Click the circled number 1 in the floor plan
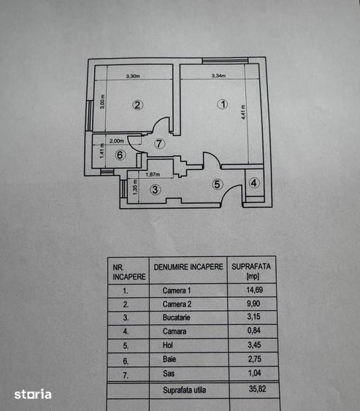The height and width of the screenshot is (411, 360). click(223, 104)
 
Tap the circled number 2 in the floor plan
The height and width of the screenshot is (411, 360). click(138, 105)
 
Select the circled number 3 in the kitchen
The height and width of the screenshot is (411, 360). click(156, 189)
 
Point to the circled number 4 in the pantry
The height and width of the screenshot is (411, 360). click(254, 183)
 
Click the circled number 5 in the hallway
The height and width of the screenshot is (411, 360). click(217, 184)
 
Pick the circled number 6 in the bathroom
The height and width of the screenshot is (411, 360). click(120, 155)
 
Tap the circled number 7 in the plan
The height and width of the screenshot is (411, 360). click(159, 144)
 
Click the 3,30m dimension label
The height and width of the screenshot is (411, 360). click(133, 76)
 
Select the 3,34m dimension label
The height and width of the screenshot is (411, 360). click(218, 76)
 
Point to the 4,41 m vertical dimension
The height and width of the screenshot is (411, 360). click(243, 112)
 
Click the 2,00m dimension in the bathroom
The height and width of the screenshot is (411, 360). click(117, 141)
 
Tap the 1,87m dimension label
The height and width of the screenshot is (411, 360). click(153, 174)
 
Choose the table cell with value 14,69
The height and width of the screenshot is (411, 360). click(255, 290)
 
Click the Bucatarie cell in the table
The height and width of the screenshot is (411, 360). click(176, 318)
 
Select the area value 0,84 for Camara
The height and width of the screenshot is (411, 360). click(254, 330)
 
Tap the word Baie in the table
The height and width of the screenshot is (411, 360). click(169, 359)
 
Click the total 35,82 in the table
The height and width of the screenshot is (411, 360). click(258, 388)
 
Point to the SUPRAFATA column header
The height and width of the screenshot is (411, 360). click(251, 266)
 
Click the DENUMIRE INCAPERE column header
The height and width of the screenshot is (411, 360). click(188, 267)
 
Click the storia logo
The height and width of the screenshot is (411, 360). click(33, 394)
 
